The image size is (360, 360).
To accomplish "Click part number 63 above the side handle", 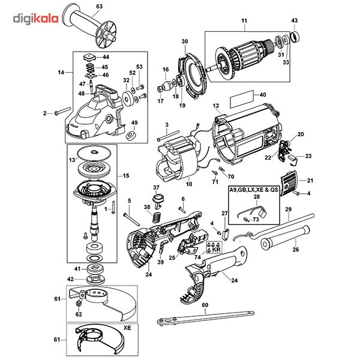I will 99,6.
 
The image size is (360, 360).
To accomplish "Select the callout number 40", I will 262,94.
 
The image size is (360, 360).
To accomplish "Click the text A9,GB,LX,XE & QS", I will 254,189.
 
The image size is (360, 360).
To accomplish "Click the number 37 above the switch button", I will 155,187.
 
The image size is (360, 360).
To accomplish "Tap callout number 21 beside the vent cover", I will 310,181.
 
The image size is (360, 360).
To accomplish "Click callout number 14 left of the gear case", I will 61,72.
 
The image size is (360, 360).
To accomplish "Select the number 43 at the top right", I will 294,21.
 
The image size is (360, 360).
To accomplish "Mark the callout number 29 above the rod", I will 287,209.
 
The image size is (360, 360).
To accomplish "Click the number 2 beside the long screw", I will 44,112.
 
